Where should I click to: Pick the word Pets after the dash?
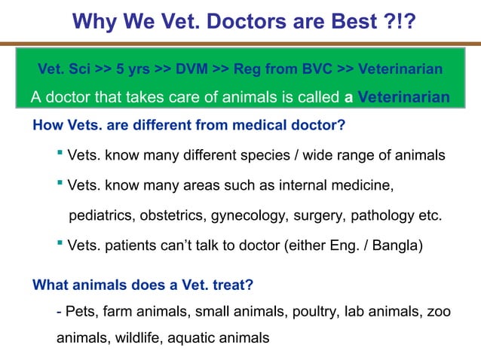80,312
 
